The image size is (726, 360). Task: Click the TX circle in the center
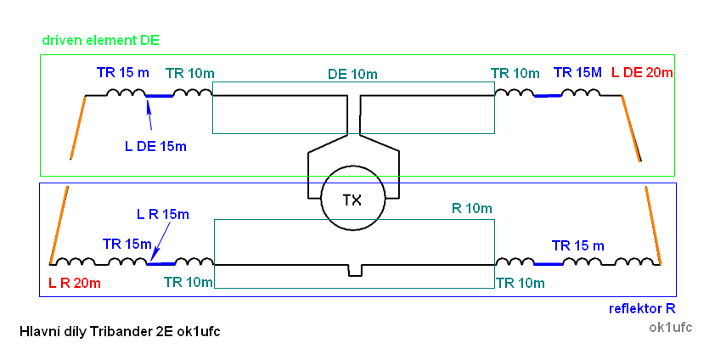click(x=352, y=200)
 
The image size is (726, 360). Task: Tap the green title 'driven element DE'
click(x=101, y=40)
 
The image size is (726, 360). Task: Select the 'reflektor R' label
click(x=642, y=308)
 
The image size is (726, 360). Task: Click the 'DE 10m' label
click(x=352, y=74)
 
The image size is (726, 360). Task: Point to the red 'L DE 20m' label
click(x=642, y=73)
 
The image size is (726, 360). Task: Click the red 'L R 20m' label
click(x=75, y=282)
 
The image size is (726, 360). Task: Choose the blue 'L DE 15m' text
click(x=155, y=146)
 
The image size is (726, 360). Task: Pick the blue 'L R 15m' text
click(x=162, y=214)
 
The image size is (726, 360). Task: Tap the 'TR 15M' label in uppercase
click(x=577, y=73)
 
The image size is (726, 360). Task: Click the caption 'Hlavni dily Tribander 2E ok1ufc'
click(x=119, y=330)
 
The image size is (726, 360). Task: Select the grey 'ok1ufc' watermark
click(x=670, y=326)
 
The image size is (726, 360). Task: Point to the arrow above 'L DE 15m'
click(x=150, y=114)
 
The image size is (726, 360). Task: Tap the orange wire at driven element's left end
click(x=77, y=127)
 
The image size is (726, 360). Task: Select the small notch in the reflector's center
click(x=355, y=270)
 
